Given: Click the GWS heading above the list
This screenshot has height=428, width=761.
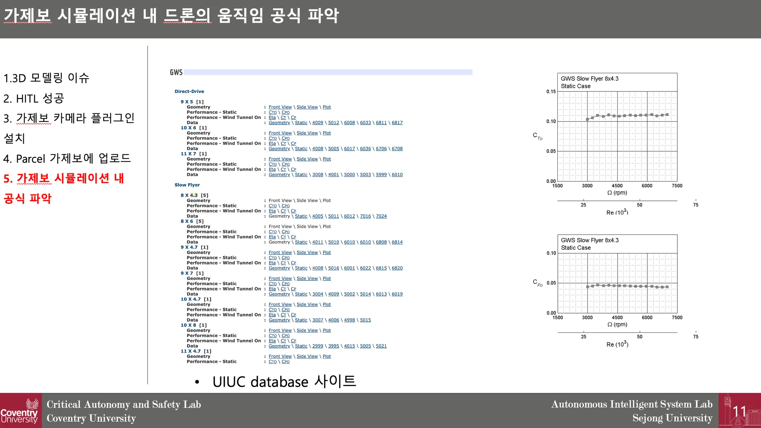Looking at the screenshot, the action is (x=176, y=72).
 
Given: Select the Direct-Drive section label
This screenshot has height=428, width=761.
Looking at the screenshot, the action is (x=189, y=91).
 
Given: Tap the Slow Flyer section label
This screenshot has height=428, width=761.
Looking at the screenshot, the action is (x=187, y=185).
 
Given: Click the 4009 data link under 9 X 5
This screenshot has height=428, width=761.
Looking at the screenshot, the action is (x=318, y=123).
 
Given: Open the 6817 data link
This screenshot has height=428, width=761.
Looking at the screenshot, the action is (x=397, y=123).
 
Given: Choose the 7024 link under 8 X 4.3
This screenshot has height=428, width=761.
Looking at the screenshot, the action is (x=381, y=216).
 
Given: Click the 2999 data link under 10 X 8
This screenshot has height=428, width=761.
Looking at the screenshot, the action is (x=318, y=346).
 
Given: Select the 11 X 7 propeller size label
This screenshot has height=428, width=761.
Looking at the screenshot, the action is (x=188, y=154).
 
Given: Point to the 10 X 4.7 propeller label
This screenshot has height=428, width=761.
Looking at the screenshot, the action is (x=191, y=299).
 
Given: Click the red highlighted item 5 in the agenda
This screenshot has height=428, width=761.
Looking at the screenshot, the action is (x=64, y=188).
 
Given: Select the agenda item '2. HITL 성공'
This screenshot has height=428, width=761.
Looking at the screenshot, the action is (x=34, y=99).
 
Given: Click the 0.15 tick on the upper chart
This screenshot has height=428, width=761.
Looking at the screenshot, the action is (x=551, y=91).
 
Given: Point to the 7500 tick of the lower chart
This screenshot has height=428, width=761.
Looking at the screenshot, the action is (x=677, y=318).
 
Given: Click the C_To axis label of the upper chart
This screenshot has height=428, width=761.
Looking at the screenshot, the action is (x=537, y=136).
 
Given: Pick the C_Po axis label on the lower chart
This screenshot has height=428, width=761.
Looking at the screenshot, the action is (x=537, y=283).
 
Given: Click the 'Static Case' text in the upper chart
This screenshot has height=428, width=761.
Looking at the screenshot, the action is (x=576, y=86).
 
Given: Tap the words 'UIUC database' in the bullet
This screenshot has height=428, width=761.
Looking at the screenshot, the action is (x=260, y=382).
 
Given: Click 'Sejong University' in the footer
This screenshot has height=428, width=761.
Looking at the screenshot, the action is (x=673, y=418).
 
